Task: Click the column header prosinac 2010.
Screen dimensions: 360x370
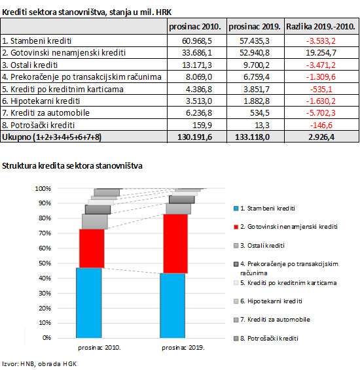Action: point(195,26)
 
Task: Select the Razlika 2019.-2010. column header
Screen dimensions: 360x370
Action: point(321,26)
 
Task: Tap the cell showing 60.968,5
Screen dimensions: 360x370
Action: point(197,41)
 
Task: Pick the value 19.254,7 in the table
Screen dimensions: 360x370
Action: point(321,52)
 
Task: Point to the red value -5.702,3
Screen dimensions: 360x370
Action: point(321,113)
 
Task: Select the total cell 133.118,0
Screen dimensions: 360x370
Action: point(252,137)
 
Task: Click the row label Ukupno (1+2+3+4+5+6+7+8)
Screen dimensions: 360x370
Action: point(52,137)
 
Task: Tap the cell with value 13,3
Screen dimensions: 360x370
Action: point(262,125)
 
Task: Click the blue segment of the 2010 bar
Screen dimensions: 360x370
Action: point(89,303)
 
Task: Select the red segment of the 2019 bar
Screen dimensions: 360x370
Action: point(175,244)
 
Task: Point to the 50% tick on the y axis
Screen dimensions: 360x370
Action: point(45,263)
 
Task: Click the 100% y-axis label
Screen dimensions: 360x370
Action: point(43,189)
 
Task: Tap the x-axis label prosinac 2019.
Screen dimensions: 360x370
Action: point(183,348)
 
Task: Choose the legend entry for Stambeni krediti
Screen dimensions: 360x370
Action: point(264,209)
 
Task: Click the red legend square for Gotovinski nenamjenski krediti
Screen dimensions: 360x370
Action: point(236,227)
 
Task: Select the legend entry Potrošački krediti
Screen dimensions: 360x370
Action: point(266,339)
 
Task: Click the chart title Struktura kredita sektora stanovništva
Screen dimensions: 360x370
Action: point(72,165)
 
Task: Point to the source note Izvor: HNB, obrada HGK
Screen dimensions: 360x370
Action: point(39,364)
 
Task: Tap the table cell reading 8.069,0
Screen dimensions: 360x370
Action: point(199,77)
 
